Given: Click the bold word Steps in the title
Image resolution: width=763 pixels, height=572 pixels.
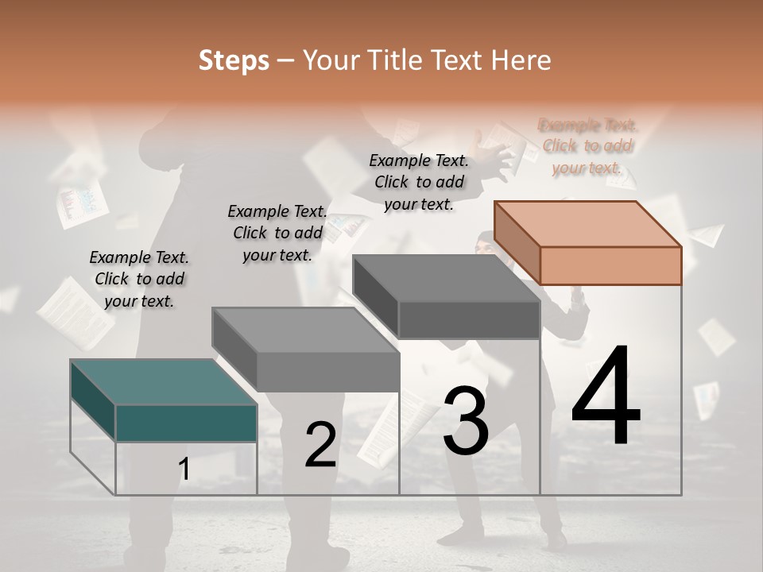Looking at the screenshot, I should tap(233, 60).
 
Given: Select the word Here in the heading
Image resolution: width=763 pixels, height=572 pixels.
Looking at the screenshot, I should tap(521, 60).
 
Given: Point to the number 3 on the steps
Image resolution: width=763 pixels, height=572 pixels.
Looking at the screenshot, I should tap(466, 420).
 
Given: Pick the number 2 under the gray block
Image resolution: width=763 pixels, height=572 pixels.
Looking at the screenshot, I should tap(320, 445).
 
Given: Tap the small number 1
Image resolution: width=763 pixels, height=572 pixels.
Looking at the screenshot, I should tap(184, 470).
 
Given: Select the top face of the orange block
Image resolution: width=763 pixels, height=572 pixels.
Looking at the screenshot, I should tap(588, 223).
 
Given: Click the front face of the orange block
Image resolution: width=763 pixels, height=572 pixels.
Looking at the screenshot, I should tap(610, 265).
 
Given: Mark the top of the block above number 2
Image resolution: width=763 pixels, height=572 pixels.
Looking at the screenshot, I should tap(306, 330).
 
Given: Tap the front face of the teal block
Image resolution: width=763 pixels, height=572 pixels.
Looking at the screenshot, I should tap(186, 423).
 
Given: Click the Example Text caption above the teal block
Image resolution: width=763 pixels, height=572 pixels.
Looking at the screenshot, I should tap(139, 279).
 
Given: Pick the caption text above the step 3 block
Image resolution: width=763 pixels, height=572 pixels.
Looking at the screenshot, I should tap(419, 182).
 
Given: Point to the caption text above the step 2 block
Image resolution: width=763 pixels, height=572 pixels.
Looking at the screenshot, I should tap(277, 233).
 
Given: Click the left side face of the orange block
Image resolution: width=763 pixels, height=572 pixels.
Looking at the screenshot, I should tap(517, 243).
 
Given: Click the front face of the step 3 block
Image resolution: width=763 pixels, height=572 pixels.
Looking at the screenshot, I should tap(469, 320).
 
